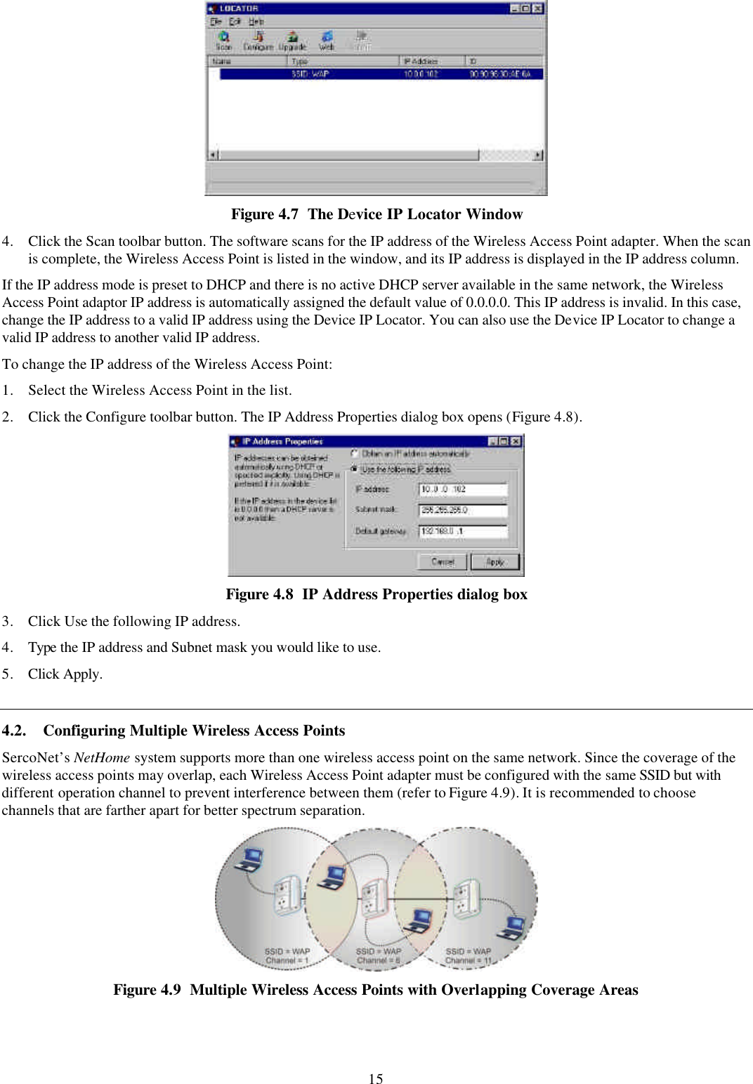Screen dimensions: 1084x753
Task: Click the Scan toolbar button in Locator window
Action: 223,41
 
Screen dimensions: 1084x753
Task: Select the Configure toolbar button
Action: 258,41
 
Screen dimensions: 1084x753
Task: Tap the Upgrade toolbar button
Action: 292,41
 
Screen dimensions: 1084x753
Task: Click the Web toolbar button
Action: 327,41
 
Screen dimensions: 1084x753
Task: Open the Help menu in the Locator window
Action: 256,22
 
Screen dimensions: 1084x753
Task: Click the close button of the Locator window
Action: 537,8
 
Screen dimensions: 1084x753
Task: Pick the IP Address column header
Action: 431,61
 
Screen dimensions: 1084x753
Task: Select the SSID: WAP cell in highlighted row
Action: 310,74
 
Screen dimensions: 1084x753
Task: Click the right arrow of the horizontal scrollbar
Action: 538,155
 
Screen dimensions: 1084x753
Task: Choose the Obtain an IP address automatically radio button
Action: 355,454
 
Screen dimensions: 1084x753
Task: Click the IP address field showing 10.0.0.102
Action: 462,489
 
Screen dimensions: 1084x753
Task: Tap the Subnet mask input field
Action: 462,510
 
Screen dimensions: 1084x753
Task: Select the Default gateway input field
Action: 462,531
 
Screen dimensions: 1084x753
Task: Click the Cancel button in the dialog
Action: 443,561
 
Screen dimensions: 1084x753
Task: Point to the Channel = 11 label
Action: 468,960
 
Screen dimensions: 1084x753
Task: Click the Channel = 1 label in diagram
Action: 287,960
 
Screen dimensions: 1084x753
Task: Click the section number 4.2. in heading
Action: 14,731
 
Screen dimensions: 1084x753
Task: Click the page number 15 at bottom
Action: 376,1078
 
